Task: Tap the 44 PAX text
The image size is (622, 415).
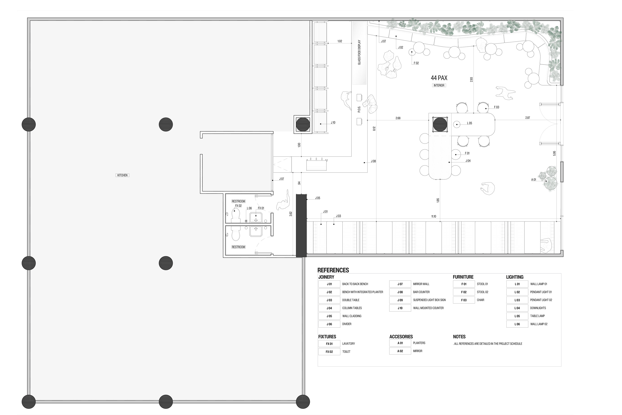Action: coord(439,78)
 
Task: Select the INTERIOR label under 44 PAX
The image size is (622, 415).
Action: coord(439,85)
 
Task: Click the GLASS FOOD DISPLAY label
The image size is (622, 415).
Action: coord(359,52)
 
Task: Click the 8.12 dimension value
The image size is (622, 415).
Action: coord(374,129)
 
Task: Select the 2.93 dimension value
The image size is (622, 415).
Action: coord(471,79)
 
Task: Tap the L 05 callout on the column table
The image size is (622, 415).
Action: coord(469,123)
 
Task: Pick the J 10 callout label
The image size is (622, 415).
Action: coord(333,123)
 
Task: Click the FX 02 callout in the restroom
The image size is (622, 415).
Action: coord(238,206)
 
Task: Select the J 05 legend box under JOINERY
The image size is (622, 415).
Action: coord(329,316)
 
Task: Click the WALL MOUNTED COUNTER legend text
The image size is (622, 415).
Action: coord(428,308)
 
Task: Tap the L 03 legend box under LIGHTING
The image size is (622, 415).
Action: coord(517,300)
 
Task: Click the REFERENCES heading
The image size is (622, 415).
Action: coord(333,270)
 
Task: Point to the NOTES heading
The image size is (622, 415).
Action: coord(459,337)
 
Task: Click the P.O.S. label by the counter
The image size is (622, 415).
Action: coord(359,109)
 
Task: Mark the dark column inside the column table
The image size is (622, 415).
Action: coord(440,124)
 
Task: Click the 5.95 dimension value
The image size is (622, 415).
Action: coord(554,153)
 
